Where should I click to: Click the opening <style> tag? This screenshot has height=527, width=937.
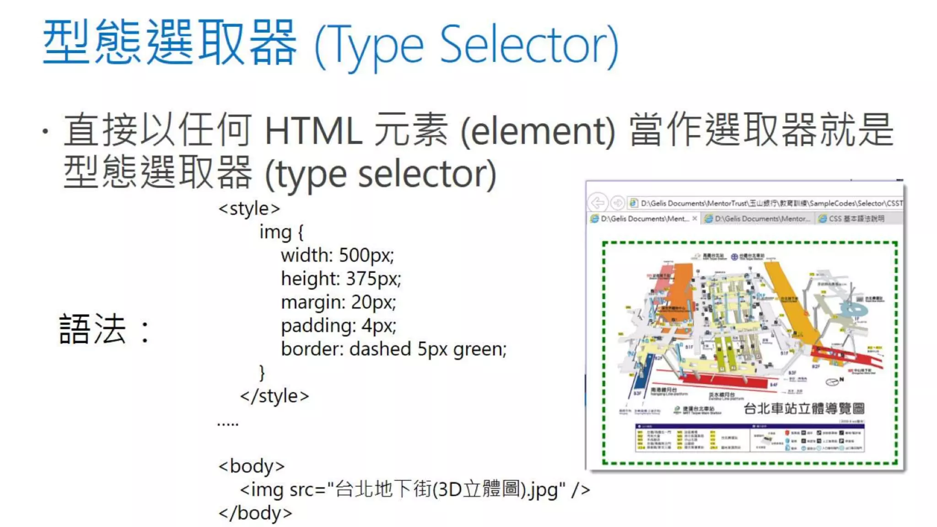click(249, 209)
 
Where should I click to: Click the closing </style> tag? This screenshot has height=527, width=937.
click(275, 396)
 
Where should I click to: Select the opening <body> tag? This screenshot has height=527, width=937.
click(252, 466)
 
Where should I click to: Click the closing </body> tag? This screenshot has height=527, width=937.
click(255, 513)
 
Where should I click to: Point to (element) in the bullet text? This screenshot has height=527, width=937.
click(538, 132)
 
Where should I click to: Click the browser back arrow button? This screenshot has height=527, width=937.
click(598, 203)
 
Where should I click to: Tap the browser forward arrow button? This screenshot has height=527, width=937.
click(618, 203)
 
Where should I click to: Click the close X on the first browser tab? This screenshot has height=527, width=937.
click(695, 219)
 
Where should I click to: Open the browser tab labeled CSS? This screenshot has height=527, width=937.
click(851, 219)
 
